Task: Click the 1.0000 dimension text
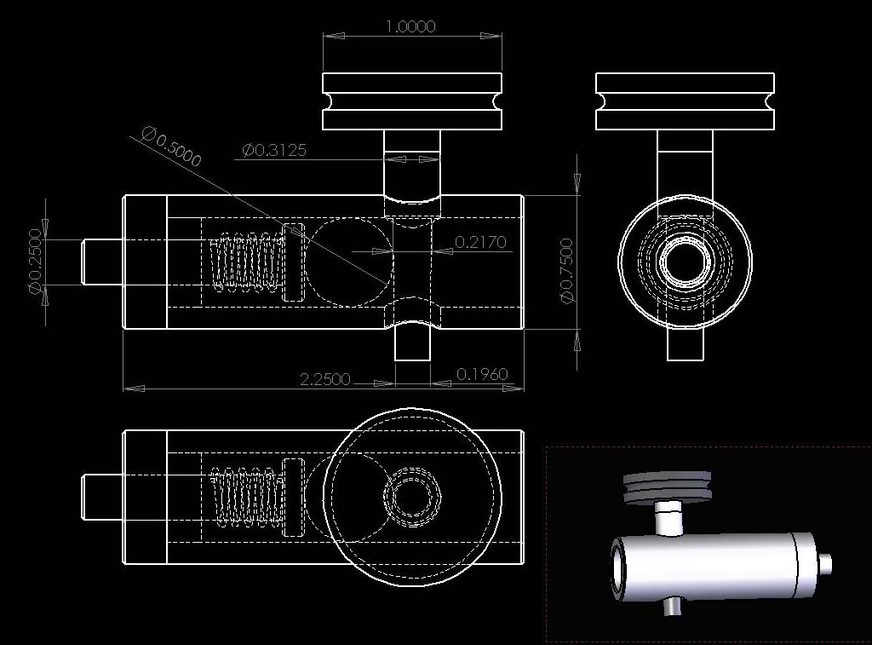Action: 411,26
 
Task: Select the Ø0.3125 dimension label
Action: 274,150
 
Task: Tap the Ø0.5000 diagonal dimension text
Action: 170,147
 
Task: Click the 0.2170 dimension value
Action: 480,241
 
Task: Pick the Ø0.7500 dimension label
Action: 566,271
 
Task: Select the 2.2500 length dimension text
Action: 325,379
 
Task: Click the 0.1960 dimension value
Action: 482,374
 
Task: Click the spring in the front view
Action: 244,262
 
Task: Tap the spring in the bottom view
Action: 244,497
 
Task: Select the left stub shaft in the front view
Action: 103,262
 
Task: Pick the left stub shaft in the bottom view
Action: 103,497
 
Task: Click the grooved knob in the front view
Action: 412,101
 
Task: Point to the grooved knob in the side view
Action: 685,101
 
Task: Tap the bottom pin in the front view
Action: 413,344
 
